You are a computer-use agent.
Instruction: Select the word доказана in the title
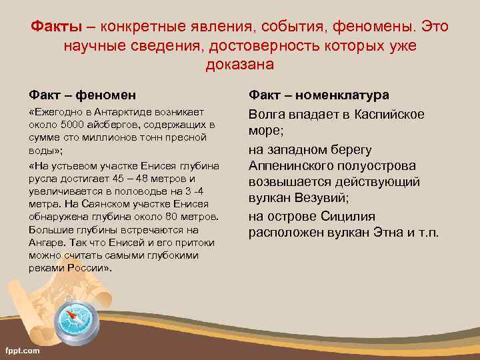pos(240,65)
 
